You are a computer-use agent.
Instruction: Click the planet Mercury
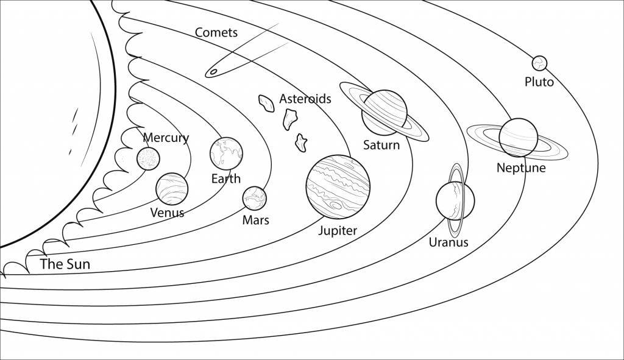pyautogui.click(x=149, y=158)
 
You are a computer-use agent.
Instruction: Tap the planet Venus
pyautogui.click(x=172, y=189)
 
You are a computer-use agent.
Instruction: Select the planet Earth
pyautogui.click(x=227, y=154)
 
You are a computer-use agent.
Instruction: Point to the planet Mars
pyautogui.click(x=255, y=198)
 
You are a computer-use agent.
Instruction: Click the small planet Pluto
pyautogui.click(x=540, y=63)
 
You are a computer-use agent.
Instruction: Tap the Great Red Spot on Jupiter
pyautogui.click(x=336, y=205)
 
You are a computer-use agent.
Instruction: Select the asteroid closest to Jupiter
pyautogui.click(x=301, y=143)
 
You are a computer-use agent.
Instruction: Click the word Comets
pyautogui.click(x=216, y=33)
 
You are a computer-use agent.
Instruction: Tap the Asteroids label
pyautogui.click(x=305, y=99)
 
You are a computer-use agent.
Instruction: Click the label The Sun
pyautogui.click(x=65, y=264)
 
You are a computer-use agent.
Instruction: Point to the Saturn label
pyautogui.click(x=381, y=145)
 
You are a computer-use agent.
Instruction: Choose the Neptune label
pyautogui.click(x=521, y=168)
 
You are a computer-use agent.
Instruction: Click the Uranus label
pyautogui.click(x=448, y=242)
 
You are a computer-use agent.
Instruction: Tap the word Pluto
pyautogui.click(x=539, y=82)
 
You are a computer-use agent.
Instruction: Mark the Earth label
pyautogui.click(x=226, y=178)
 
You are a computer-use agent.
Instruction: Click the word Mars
pyautogui.click(x=256, y=220)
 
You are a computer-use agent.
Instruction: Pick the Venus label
pyautogui.click(x=167, y=213)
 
